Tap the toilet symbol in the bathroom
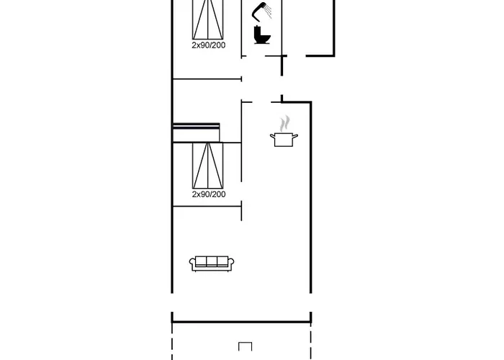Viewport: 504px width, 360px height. [261, 35]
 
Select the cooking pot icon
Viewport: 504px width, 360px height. [284, 139]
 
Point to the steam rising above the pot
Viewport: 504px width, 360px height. [284, 124]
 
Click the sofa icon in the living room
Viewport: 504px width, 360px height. [212, 264]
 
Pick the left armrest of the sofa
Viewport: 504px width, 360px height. [192, 264]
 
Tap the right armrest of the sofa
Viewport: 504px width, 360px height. [231, 264]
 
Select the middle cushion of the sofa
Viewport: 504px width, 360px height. [212, 261]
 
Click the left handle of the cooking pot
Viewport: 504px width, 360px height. [273, 136]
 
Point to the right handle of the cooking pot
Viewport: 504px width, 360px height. [295, 136]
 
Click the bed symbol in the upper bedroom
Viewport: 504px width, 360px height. [207, 19]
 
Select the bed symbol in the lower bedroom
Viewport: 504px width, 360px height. [207, 166]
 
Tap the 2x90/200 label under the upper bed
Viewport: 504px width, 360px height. [209, 45]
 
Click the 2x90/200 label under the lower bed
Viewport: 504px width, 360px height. [209, 194]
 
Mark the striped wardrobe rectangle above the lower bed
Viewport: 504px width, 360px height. [196, 132]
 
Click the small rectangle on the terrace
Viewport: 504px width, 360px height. [246, 346]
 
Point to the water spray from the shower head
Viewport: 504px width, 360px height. [268, 12]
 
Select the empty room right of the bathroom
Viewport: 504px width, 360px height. [308, 27]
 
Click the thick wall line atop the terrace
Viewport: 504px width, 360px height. [241, 321]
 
